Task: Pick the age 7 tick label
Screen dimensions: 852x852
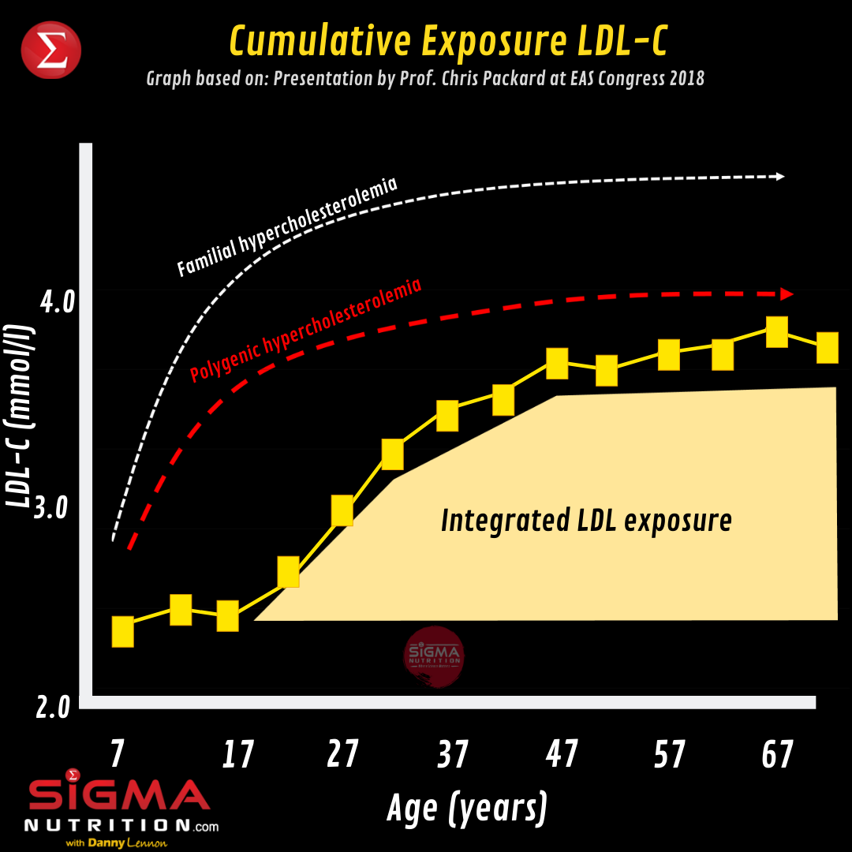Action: pos(117,754)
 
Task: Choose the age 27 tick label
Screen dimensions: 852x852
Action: pos(342,754)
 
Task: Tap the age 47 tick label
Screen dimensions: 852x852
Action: pos(561,754)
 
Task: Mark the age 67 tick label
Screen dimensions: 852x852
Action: pos(777,754)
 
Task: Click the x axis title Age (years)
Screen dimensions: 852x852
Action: pos(467,807)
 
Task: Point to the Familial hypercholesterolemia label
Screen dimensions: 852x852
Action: pos(287,227)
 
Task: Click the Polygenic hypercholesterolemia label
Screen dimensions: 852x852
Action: pos(306,330)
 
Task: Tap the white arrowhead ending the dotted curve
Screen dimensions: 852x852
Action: pos(780,177)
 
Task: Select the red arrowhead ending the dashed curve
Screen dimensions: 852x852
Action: pos(787,294)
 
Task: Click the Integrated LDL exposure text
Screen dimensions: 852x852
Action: pos(586,521)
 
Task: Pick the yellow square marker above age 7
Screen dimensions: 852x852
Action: pos(123,632)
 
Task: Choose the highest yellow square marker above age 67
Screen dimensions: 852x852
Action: pos(777,331)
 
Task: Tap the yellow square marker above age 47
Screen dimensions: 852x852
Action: pos(557,364)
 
